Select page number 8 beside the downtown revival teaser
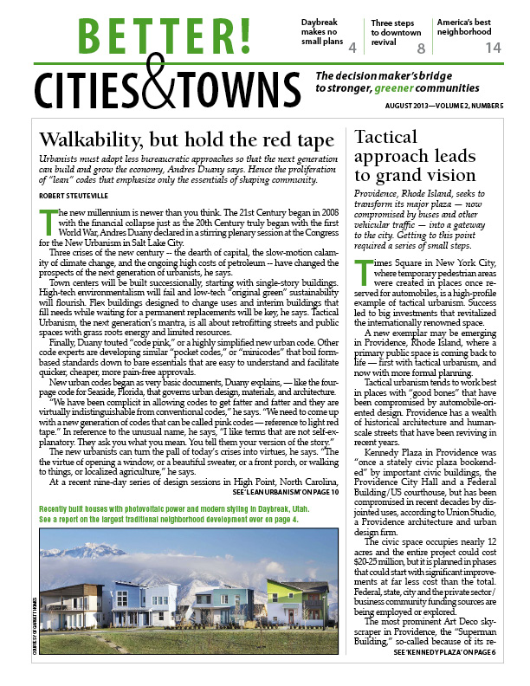tap(422, 49)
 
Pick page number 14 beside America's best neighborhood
tap(493, 49)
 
